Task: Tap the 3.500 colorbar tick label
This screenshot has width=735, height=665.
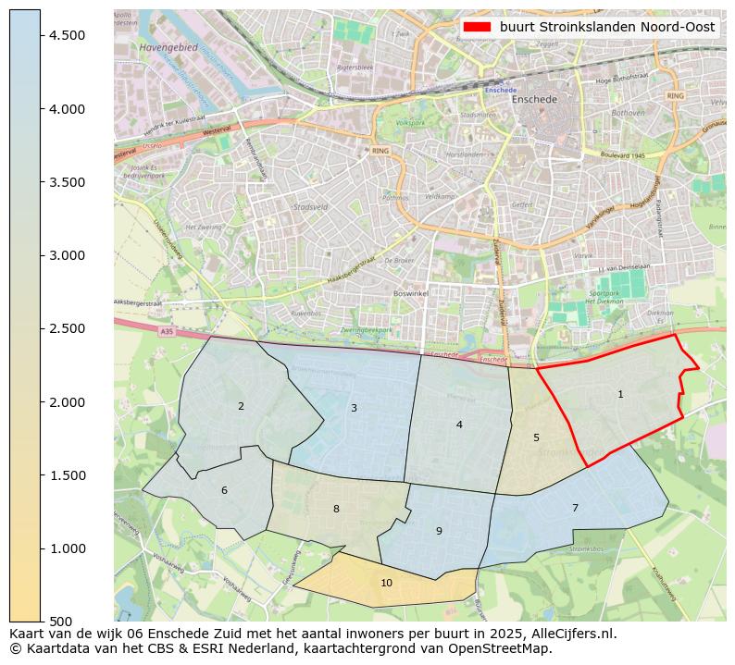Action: coord(67,182)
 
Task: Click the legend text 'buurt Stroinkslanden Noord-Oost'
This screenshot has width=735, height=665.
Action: coord(607,27)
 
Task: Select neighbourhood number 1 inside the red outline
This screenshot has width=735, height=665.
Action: coord(620,395)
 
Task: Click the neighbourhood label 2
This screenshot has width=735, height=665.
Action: coord(241,406)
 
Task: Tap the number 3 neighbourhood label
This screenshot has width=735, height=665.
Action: coord(354,408)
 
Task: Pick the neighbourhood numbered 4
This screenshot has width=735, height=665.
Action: coord(459,425)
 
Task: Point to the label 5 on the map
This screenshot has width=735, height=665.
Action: coord(536,437)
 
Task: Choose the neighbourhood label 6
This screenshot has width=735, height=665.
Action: coord(224,490)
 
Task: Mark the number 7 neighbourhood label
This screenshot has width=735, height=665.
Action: coord(575,508)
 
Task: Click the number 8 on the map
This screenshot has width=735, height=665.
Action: coord(336,509)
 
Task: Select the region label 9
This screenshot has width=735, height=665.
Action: coord(439,531)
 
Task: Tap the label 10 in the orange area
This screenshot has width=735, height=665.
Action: coord(386,583)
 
